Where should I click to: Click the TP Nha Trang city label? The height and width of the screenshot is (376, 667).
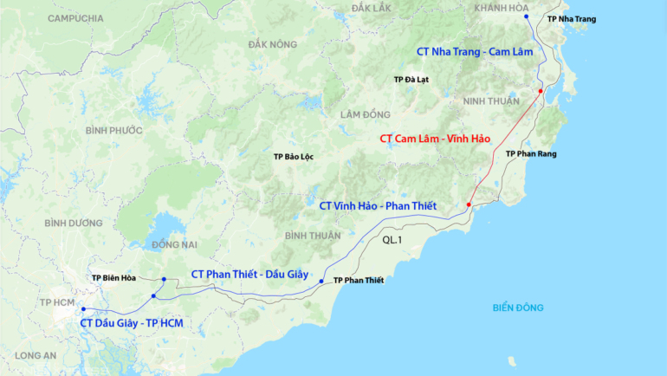click(572, 19)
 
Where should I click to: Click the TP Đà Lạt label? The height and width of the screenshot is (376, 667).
click(411, 80)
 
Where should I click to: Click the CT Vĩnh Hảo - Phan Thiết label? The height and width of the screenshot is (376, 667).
click(378, 206)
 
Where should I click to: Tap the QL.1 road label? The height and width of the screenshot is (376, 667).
click(392, 240)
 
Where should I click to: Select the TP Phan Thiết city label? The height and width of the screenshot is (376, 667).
click(358, 281)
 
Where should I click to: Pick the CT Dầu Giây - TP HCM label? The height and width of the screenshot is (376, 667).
click(132, 323)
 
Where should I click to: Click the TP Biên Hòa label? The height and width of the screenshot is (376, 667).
click(115, 278)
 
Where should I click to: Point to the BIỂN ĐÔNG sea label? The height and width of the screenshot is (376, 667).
click(518, 308)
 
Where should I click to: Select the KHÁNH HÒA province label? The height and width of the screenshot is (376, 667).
click(501, 7)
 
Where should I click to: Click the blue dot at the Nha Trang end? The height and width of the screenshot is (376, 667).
click(527, 16)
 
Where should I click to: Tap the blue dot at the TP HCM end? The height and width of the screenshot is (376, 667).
click(83, 309)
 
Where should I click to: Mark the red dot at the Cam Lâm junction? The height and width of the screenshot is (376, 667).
click(540, 91)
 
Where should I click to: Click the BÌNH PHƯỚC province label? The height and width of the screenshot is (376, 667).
click(113, 130)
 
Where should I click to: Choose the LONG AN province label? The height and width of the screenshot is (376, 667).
click(36, 355)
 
